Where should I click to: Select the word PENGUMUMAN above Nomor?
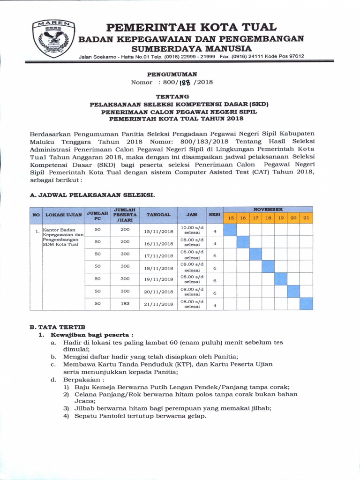(172, 74)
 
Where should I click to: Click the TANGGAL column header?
(158, 215)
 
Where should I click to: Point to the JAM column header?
(191, 215)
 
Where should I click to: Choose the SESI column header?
(215, 215)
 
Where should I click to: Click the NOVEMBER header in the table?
(268, 210)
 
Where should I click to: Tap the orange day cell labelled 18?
(268, 218)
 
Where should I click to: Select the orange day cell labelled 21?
(306, 218)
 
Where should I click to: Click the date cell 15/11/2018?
(158, 231)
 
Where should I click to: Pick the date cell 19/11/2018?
(158, 280)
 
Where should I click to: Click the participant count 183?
(125, 303)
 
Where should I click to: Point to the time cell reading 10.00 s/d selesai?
(191, 230)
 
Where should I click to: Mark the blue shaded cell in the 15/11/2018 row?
(230, 230)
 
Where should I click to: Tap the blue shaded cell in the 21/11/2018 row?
(306, 303)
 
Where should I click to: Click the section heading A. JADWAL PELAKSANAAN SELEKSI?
(92, 194)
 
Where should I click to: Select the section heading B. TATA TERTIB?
(57, 326)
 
